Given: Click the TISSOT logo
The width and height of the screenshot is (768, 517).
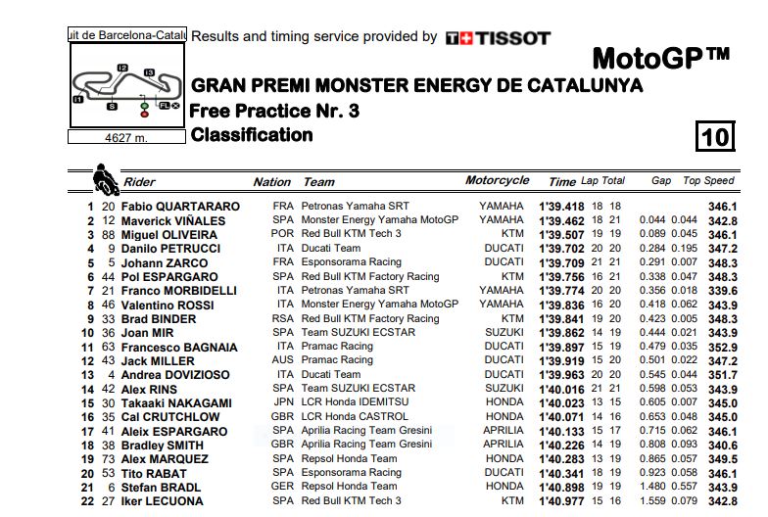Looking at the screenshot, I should click(x=498, y=38).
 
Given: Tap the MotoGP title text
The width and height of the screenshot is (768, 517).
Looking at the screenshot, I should click(x=661, y=56).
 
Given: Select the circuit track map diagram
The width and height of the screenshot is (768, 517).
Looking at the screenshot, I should click(x=127, y=87).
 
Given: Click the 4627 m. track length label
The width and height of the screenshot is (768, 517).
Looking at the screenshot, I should click(x=125, y=138).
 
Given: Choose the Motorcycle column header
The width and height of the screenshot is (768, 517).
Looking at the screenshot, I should click(x=497, y=180).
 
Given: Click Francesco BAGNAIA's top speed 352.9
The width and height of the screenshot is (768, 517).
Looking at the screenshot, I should click(x=722, y=347).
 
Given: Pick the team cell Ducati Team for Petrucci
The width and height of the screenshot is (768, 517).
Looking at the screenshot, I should click(x=331, y=249).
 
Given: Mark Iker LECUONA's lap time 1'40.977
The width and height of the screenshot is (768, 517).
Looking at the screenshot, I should click(x=560, y=500).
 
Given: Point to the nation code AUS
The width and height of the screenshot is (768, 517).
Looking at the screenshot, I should click(x=284, y=360).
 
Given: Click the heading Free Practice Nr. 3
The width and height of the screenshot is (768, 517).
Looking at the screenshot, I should click(x=275, y=112).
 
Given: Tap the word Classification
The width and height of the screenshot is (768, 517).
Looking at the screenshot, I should click(x=252, y=135).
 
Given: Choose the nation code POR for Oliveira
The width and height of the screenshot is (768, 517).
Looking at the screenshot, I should click(x=284, y=235).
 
